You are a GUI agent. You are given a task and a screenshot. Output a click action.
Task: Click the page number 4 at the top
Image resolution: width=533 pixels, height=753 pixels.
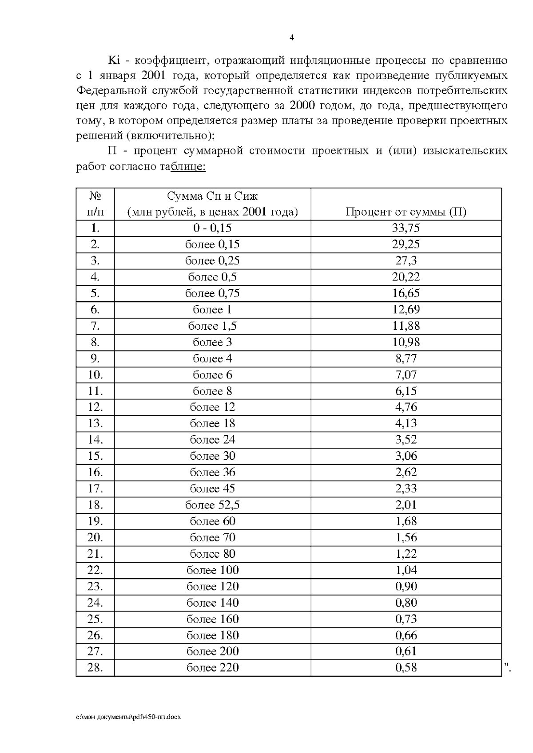(291, 38)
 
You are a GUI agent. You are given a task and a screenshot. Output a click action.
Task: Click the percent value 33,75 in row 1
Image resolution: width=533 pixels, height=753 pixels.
(406, 228)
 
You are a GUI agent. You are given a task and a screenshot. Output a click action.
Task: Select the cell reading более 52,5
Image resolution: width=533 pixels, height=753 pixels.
(212, 505)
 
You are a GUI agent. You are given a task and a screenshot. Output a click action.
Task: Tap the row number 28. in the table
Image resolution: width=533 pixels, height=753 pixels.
(95, 668)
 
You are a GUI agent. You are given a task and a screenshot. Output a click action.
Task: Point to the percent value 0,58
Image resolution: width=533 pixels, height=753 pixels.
(406, 668)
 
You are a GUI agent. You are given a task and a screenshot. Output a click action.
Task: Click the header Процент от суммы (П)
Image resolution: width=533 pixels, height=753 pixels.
(406, 212)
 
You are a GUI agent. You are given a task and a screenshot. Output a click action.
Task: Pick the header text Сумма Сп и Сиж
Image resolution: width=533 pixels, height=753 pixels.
(212, 196)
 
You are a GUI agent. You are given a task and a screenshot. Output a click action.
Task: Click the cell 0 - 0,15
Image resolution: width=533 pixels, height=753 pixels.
(212, 228)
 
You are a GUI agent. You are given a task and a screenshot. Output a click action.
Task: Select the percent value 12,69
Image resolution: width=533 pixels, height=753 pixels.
(406, 310)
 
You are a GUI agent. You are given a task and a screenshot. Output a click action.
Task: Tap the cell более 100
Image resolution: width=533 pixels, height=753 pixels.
(212, 570)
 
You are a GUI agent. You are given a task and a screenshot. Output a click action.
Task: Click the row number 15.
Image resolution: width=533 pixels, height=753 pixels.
(95, 456)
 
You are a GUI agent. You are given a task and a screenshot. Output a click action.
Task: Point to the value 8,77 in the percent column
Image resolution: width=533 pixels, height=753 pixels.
(406, 359)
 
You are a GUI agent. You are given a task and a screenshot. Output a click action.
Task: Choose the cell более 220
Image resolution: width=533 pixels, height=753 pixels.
(212, 668)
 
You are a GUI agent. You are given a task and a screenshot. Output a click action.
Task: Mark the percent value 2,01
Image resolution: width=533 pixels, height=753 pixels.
(406, 505)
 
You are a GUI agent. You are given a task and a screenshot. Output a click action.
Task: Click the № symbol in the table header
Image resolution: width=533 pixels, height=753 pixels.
(95, 196)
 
